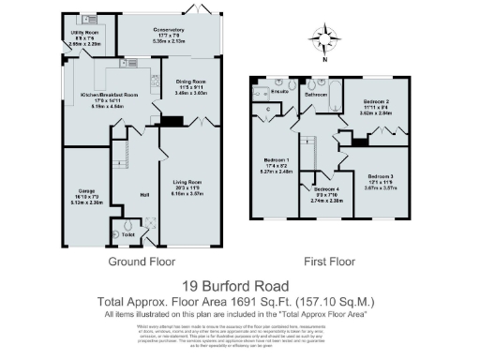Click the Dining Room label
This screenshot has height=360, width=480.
tap(191, 86)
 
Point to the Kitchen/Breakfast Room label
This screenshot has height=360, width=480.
tap(110, 95)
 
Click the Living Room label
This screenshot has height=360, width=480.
tap(188, 181)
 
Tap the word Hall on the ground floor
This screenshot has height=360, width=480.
tap(144, 194)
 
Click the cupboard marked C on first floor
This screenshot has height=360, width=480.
tap(268, 110)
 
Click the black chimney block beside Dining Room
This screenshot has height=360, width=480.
tap(171, 120)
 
